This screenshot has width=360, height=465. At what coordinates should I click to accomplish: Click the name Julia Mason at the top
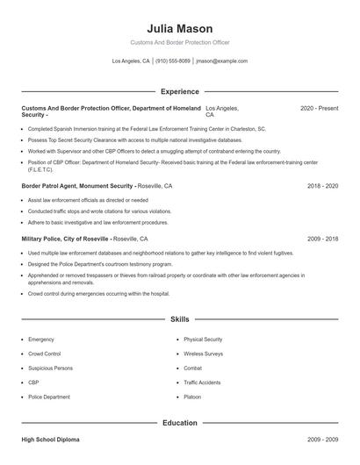[x=179, y=28]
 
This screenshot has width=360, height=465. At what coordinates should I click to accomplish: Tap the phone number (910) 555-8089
[x=174, y=61]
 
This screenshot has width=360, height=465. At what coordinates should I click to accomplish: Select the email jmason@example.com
[x=221, y=61]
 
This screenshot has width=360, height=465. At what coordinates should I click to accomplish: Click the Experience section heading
[x=179, y=91]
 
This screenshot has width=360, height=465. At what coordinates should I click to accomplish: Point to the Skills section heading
[x=179, y=319]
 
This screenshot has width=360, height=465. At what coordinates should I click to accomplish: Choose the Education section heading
[x=179, y=423]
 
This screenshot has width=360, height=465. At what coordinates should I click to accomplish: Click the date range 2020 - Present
[x=319, y=108]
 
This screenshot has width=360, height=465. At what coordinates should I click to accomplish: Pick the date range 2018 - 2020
[x=322, y=186]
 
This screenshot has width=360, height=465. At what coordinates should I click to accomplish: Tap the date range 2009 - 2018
[x=322, y=239]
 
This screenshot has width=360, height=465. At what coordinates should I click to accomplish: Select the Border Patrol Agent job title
[x=77, y=186]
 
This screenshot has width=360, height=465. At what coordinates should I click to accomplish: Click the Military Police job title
[x=65, y=239]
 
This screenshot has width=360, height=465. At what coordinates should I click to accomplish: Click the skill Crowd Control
[x=45, y=354]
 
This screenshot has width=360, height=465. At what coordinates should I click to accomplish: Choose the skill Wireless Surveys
[x=204, y=354]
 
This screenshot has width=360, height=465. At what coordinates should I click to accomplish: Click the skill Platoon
[x=192, y=397]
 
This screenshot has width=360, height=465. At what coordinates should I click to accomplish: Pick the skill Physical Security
[x=203, y=339]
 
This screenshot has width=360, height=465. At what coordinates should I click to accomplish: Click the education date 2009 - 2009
[x=322, y=439]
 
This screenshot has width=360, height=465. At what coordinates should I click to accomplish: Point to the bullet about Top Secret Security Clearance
[x=134, y=139]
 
